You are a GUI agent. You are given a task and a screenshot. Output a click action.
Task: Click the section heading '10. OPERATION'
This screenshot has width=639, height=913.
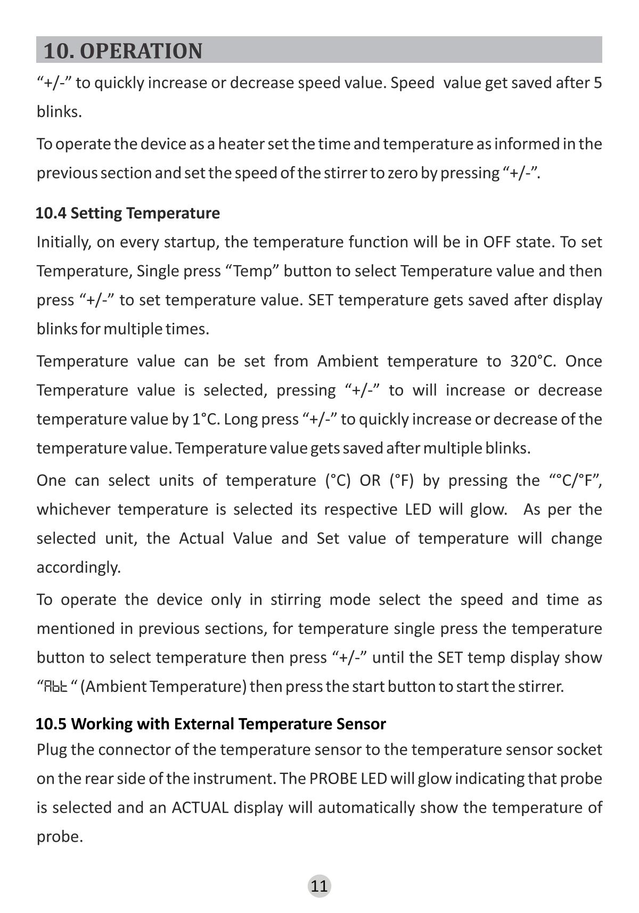122,51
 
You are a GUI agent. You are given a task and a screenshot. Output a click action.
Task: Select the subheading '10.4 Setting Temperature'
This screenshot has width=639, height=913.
128,213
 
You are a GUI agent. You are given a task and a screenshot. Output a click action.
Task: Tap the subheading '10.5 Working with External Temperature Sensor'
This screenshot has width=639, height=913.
211,723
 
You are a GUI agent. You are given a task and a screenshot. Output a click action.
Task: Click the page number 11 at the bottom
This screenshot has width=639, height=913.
319,886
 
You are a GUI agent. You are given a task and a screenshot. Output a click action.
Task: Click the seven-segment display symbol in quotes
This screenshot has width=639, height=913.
55,687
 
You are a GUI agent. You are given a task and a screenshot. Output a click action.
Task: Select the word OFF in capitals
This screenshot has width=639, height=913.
497,242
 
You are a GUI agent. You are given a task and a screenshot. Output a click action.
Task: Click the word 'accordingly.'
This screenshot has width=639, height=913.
79,567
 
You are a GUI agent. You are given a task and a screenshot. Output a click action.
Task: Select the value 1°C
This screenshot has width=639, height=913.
205,419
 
